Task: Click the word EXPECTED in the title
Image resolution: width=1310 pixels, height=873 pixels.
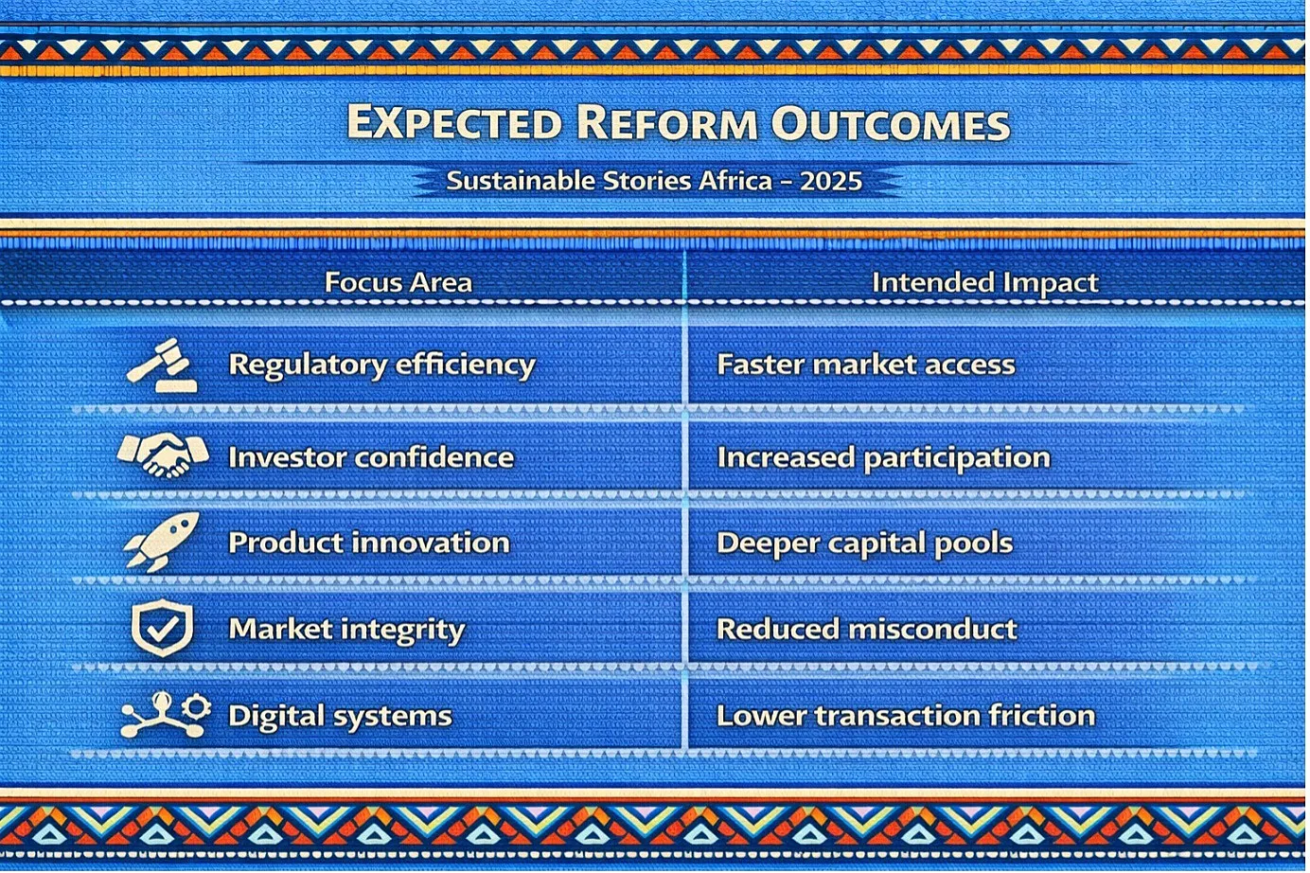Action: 454,122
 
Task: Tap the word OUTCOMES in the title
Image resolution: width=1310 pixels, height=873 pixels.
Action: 890,123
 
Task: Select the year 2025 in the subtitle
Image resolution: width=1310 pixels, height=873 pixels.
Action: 831,181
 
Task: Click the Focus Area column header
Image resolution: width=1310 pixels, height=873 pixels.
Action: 398,282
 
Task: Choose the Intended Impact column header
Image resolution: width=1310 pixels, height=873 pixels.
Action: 985,283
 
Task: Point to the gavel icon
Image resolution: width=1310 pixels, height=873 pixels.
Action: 162,365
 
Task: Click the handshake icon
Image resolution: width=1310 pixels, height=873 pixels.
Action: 163,455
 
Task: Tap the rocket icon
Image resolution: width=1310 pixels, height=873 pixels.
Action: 162,542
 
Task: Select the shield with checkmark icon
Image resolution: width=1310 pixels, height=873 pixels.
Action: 163,627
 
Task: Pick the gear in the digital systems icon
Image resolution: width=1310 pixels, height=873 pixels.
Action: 197,706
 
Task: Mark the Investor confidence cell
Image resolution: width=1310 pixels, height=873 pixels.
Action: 371,457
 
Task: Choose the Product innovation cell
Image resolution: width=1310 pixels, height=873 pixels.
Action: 369,543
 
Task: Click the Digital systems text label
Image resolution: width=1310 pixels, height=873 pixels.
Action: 341,716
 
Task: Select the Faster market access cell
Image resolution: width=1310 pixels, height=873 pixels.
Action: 866,365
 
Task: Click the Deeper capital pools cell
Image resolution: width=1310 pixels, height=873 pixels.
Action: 865,543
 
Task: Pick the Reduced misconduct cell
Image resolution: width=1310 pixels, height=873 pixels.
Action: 867,629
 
